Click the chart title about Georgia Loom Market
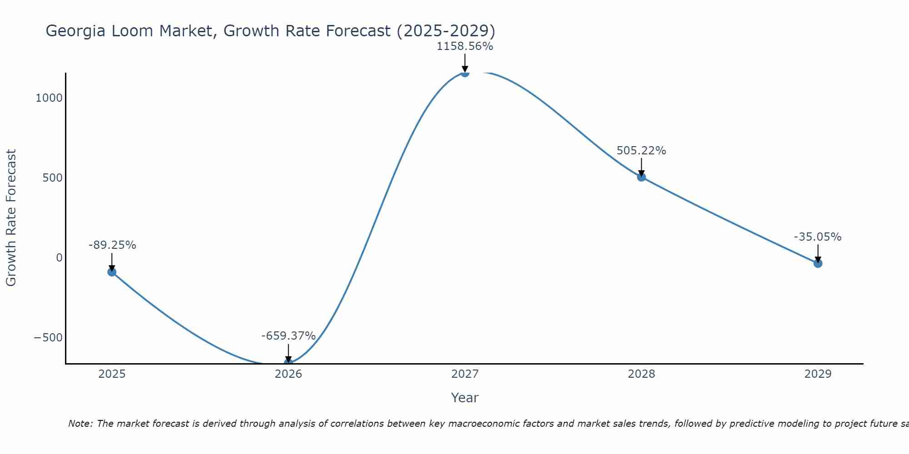point(270,31)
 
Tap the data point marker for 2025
point(112,272)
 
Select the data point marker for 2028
point(641,177)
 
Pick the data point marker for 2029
point(818,263)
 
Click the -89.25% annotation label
point(112,245)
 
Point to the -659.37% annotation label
point(288,336)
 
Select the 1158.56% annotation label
point(464,46)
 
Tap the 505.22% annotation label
point(641,151)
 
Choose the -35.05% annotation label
point(818,237)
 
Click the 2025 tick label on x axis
point(112,374)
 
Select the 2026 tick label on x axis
point(288,374)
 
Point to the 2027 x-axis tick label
point(464,374)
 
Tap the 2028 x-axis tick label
point(641,374)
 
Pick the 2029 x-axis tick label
point(818,374)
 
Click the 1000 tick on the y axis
point(49,98)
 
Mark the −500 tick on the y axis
point(48,338)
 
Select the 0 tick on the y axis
point(59,258)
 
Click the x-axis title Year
point(464,398)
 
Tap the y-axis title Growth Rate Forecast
point(11,218)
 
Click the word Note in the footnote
point(80,424)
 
